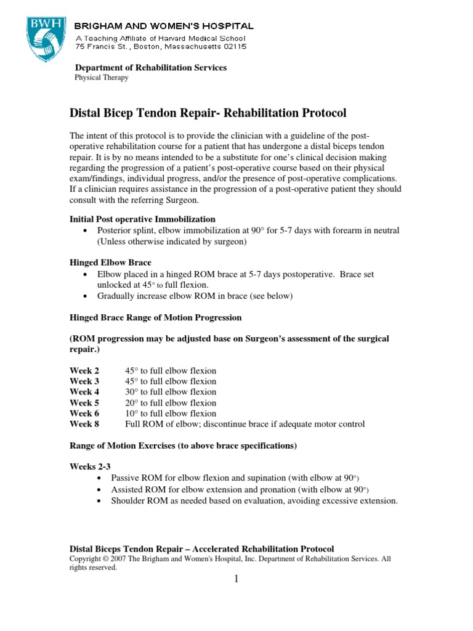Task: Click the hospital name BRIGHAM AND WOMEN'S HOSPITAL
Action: pos(164,26)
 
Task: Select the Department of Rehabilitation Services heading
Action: pos(151,67)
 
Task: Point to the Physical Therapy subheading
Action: pos(102,78)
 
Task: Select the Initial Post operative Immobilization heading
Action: pos(142,219)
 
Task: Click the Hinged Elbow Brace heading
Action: pos(110,263)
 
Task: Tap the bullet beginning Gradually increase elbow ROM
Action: pos(195,296)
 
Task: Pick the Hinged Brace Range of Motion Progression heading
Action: pos(155,317)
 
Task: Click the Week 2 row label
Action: pos(84,371)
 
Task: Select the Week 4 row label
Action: pos(84,392)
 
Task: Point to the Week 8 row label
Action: pos(84,424)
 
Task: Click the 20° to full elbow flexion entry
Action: pos(171,403)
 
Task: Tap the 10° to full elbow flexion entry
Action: pos(171,413)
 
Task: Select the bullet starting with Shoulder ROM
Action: pos(254,500)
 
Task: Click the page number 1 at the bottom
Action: pos(235,579)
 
